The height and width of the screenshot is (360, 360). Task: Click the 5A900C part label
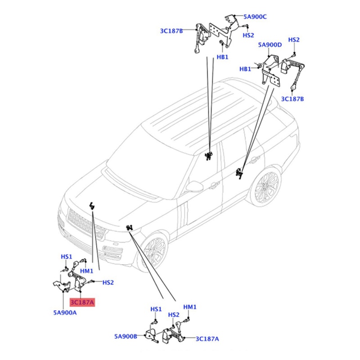coord(255,17)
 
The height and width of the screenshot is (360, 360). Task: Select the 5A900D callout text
coord(270,45)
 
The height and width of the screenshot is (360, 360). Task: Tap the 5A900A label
coord(65,312)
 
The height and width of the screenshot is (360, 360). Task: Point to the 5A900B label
coord(126,336)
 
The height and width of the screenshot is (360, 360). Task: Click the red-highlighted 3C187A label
coord(82,302)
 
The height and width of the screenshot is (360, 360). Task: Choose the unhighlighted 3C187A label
coord(207,339)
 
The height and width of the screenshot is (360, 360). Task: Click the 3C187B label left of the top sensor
coord(171,31)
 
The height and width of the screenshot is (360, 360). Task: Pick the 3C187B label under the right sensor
coord(292,99)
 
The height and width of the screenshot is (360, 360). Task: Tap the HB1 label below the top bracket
coord(222,57)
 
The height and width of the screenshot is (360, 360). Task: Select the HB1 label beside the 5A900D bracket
coord(245,69)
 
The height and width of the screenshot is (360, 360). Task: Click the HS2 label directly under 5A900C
coord(248,35)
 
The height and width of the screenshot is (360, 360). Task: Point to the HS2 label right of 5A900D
coord(294,40)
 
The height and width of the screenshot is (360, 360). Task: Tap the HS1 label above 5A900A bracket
coord(66,256)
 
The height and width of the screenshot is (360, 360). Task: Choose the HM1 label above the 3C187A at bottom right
coord(190,307)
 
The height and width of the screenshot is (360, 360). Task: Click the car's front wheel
coord(153,252)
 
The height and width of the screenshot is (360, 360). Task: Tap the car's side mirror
coord(195,186)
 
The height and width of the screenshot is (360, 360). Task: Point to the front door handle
coord(215,184)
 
